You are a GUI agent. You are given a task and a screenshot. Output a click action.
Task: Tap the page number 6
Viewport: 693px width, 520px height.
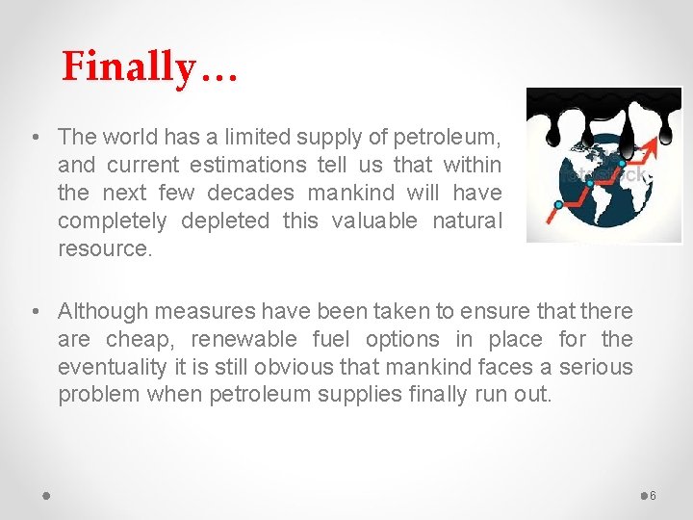(x=653, y=495)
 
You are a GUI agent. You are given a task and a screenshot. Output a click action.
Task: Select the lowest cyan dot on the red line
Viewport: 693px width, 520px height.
(x=557, y=204)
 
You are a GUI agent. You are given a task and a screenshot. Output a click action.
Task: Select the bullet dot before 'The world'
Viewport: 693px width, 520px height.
(x=35, y=137)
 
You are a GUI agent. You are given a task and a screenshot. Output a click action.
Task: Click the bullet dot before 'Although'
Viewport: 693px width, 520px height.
(x=35, y=311)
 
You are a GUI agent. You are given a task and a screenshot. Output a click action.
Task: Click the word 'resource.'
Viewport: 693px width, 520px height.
(x=104, y=248)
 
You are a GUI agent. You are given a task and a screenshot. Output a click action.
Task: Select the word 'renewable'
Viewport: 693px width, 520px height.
(x=246, y=339)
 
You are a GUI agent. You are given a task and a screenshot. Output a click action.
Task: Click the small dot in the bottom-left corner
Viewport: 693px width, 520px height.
(x=46, y=495)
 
